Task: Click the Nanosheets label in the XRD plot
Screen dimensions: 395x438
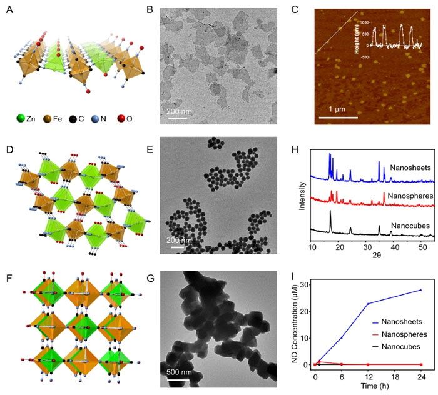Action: [x=409, y=168]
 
